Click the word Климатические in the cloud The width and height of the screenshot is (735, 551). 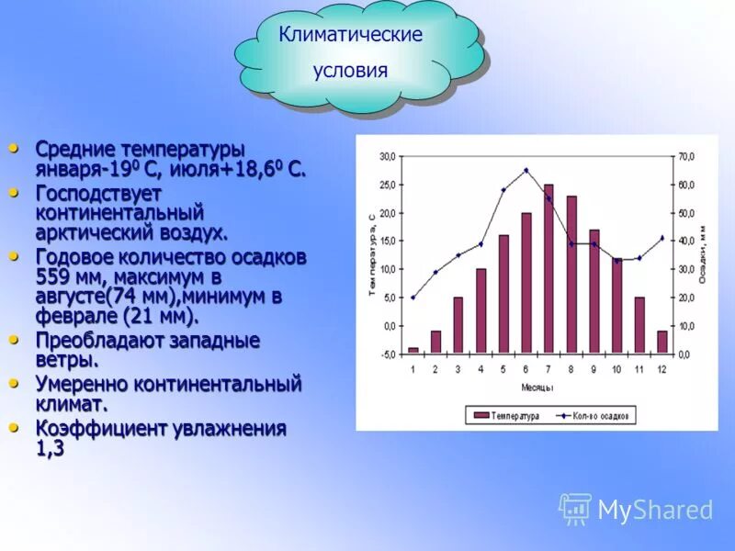click(351, 35)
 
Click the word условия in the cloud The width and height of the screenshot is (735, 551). click(350, 71)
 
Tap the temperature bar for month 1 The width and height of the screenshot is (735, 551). click(413, 350)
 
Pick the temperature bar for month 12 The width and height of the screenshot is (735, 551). click(661, 342)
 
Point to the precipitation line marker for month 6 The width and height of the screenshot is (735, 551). click(526, 170)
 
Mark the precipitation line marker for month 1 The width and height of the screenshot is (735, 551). click(413, 297)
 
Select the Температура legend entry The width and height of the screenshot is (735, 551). click(506, 416)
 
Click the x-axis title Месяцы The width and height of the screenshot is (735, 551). click(537, 388)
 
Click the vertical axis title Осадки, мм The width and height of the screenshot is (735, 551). click(703, 253)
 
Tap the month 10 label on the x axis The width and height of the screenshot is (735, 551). click(616, 369)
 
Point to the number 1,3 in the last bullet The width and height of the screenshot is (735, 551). click(51, 449)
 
